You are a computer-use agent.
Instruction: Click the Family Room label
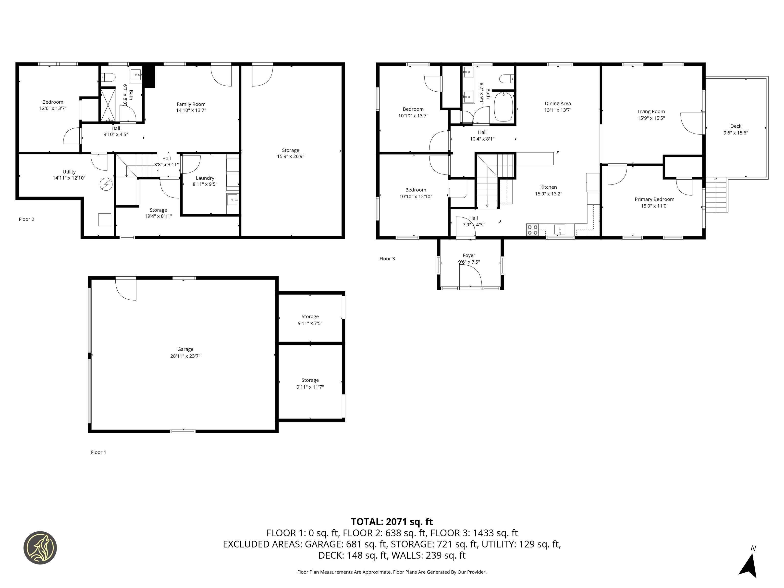point(191,104)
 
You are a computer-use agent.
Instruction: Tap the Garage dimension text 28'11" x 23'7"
point(185,356)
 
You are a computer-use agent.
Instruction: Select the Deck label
point(736,126)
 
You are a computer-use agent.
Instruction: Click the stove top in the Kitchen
point(532,230)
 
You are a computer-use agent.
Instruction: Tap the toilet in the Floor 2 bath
point(109,76)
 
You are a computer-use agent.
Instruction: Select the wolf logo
point(40,548)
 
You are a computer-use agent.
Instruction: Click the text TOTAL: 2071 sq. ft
point(392,522)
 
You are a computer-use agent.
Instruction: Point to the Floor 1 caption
point(98,452)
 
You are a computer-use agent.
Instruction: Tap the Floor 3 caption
point(387,259)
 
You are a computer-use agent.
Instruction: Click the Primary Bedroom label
point(654,199)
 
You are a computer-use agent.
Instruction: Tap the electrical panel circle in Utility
point(106,184)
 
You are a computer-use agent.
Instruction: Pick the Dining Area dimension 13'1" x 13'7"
point(558,110)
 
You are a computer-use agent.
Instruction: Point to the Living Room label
point(651,111)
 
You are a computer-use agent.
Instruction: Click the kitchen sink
point(560,230)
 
